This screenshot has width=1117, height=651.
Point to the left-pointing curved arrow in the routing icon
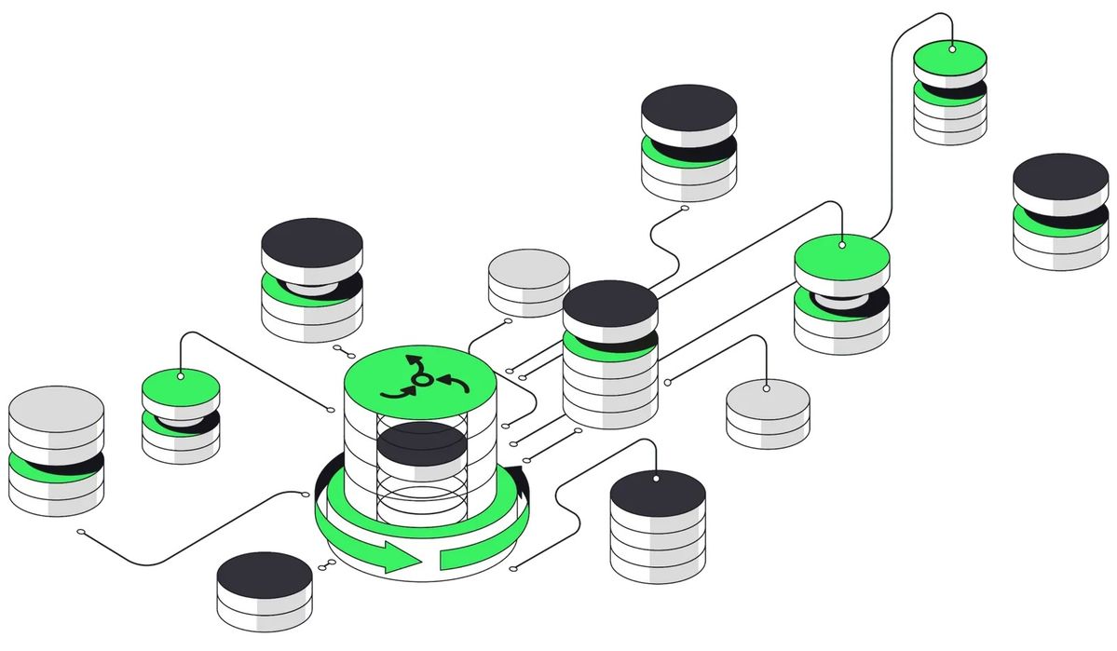tap(453, 380)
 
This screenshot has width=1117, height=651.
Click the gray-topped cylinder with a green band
tap(56, 452)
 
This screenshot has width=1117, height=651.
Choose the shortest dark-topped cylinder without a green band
tap(264, 589)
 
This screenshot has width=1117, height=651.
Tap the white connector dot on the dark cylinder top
tap(657, 479)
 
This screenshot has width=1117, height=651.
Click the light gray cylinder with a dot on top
tap(768, 410)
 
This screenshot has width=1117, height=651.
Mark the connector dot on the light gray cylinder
tap(766, 387)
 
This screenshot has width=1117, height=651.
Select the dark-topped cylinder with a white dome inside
tap(311, 279)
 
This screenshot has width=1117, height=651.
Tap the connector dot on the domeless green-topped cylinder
tap(952, 48)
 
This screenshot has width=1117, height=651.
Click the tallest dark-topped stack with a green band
tap(610, 354)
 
